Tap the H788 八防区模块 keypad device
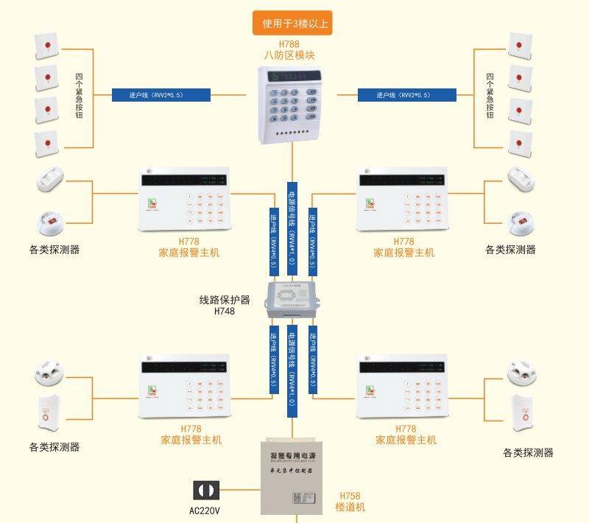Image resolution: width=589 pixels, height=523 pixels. (x=292, y=103)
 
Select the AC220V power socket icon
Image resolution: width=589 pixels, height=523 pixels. (x=205, y=491)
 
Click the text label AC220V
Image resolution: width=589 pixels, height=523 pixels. (x=205, y=510)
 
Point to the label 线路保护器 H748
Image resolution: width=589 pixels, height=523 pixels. (x=225, y=306)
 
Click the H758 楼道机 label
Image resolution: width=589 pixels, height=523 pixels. (x=350, y=502)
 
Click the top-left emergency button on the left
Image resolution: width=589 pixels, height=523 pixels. (x=46, y=46)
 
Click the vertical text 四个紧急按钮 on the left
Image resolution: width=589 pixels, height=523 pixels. (x=79, y=96)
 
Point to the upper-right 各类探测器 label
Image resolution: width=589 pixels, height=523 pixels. (x=510, y=250)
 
